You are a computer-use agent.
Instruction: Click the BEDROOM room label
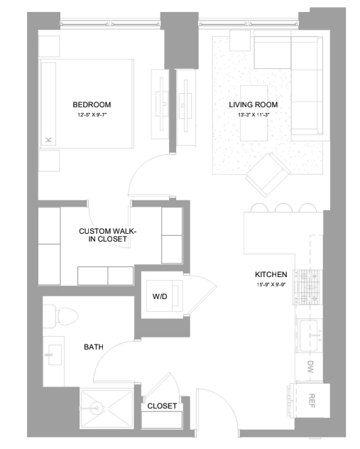click(92, 104)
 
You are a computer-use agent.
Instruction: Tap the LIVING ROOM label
click(253, 104)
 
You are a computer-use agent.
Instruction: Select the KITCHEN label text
click(271, 274)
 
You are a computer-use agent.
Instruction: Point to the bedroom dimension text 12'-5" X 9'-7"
click(92, 115)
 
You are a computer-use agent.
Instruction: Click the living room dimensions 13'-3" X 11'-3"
click(253, 115)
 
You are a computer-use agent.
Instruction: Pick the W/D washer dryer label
click(160, 296)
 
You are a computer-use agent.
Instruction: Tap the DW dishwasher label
click(310, 367)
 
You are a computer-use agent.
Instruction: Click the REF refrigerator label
click(312, 401)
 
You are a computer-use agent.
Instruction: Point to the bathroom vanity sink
click(55, 355)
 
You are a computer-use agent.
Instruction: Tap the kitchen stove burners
click(308, 287)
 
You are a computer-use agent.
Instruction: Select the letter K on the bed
click(49, 139)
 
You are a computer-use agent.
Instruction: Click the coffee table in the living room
click(253, 113)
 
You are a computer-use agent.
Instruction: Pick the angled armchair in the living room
click(268, 175)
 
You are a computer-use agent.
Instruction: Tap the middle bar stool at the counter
click(283, 207)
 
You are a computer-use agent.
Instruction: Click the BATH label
click(94, 347)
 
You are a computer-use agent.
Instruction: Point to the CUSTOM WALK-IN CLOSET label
click(108, 235)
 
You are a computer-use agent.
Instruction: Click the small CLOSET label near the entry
click(162, 406)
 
